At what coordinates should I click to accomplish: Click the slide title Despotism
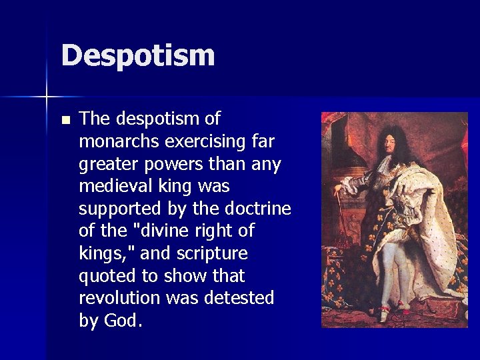137,55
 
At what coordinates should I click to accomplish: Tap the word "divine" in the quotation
173,231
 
